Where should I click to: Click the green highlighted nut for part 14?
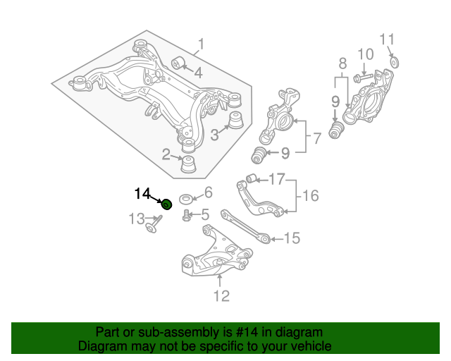tap(167, 204)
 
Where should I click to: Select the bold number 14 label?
tap(143, 192)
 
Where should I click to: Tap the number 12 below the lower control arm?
tap(221, 297)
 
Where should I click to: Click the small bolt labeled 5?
tap(186, 215)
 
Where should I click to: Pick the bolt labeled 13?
tap(152, 227)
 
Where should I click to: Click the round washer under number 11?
tap(394, 63)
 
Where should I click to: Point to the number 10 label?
tap(365, 54)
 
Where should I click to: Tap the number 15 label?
tap(292, 239)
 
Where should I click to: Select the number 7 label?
tap(316, 138)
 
